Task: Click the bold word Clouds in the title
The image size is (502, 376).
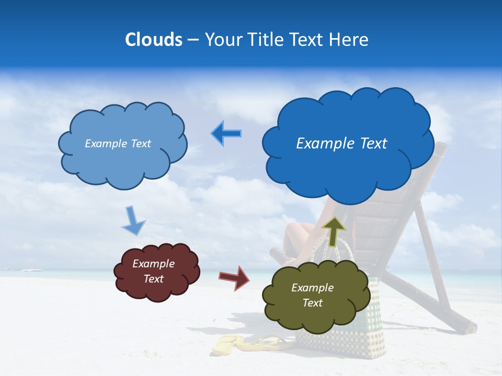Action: point(154,40)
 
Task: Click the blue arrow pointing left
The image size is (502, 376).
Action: point(226,133)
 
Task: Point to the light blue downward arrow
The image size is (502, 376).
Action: point(133,220)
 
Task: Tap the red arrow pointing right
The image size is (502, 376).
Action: point(234,277)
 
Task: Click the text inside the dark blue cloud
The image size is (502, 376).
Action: point(341,144)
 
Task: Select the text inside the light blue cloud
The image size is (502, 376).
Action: point(118,144)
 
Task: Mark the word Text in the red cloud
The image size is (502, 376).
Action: point(153,279)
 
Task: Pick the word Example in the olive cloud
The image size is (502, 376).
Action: point(312,288)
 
